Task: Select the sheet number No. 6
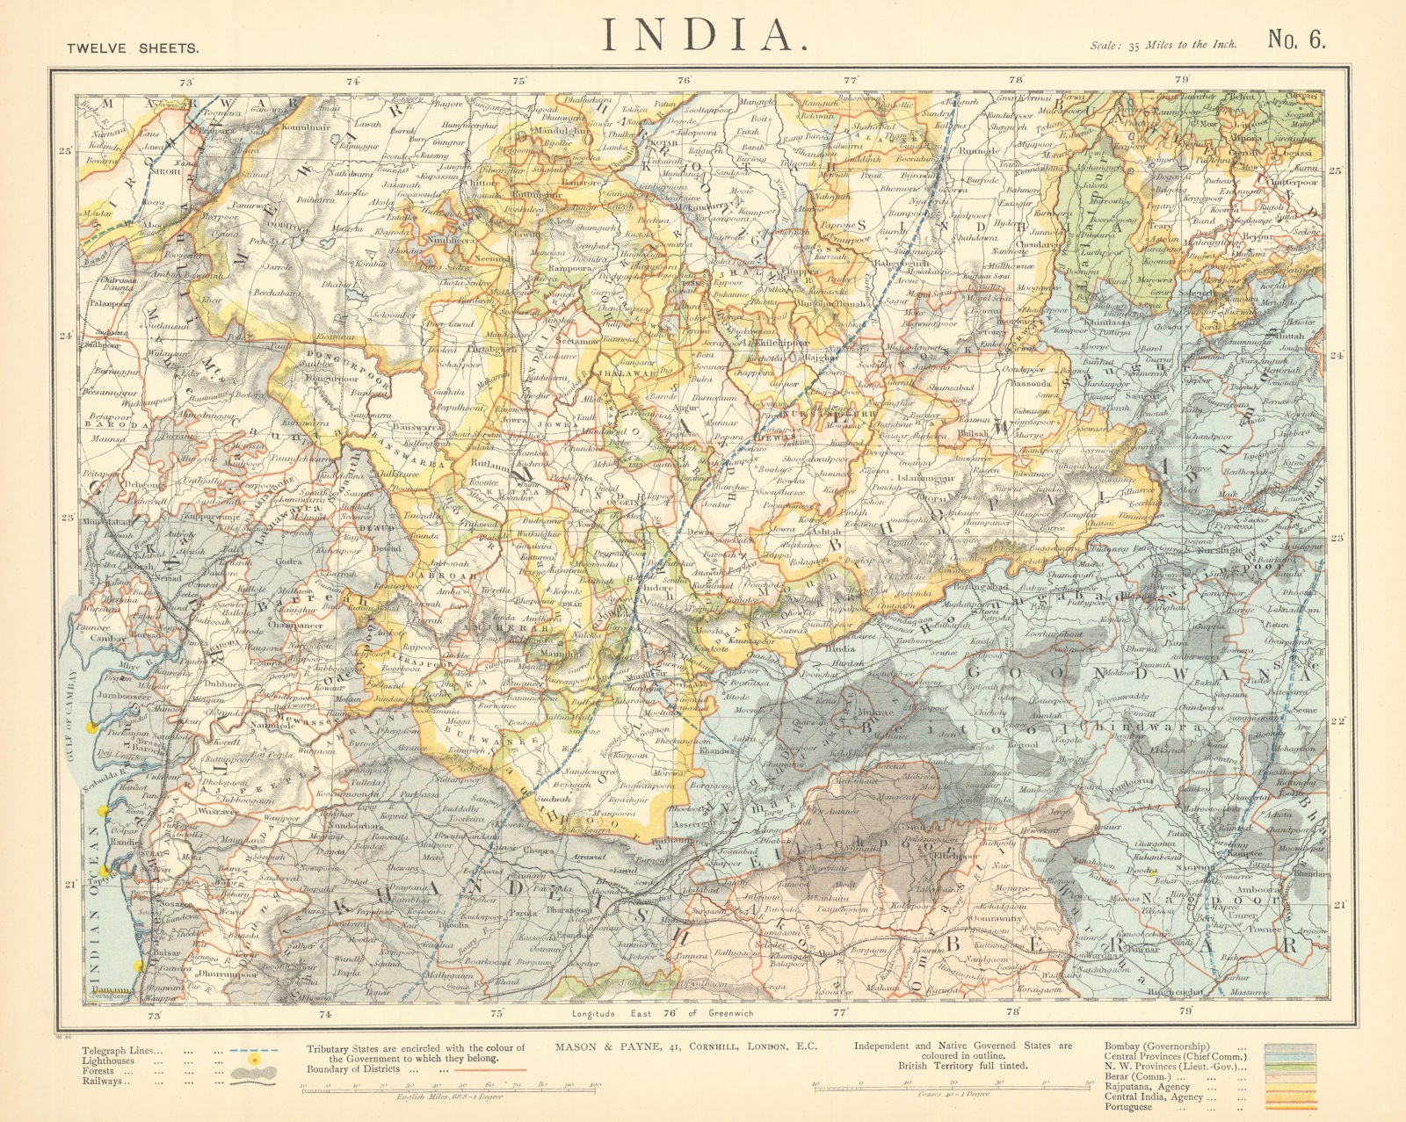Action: tap(1294, 39)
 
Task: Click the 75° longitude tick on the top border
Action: tap(519, 81)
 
